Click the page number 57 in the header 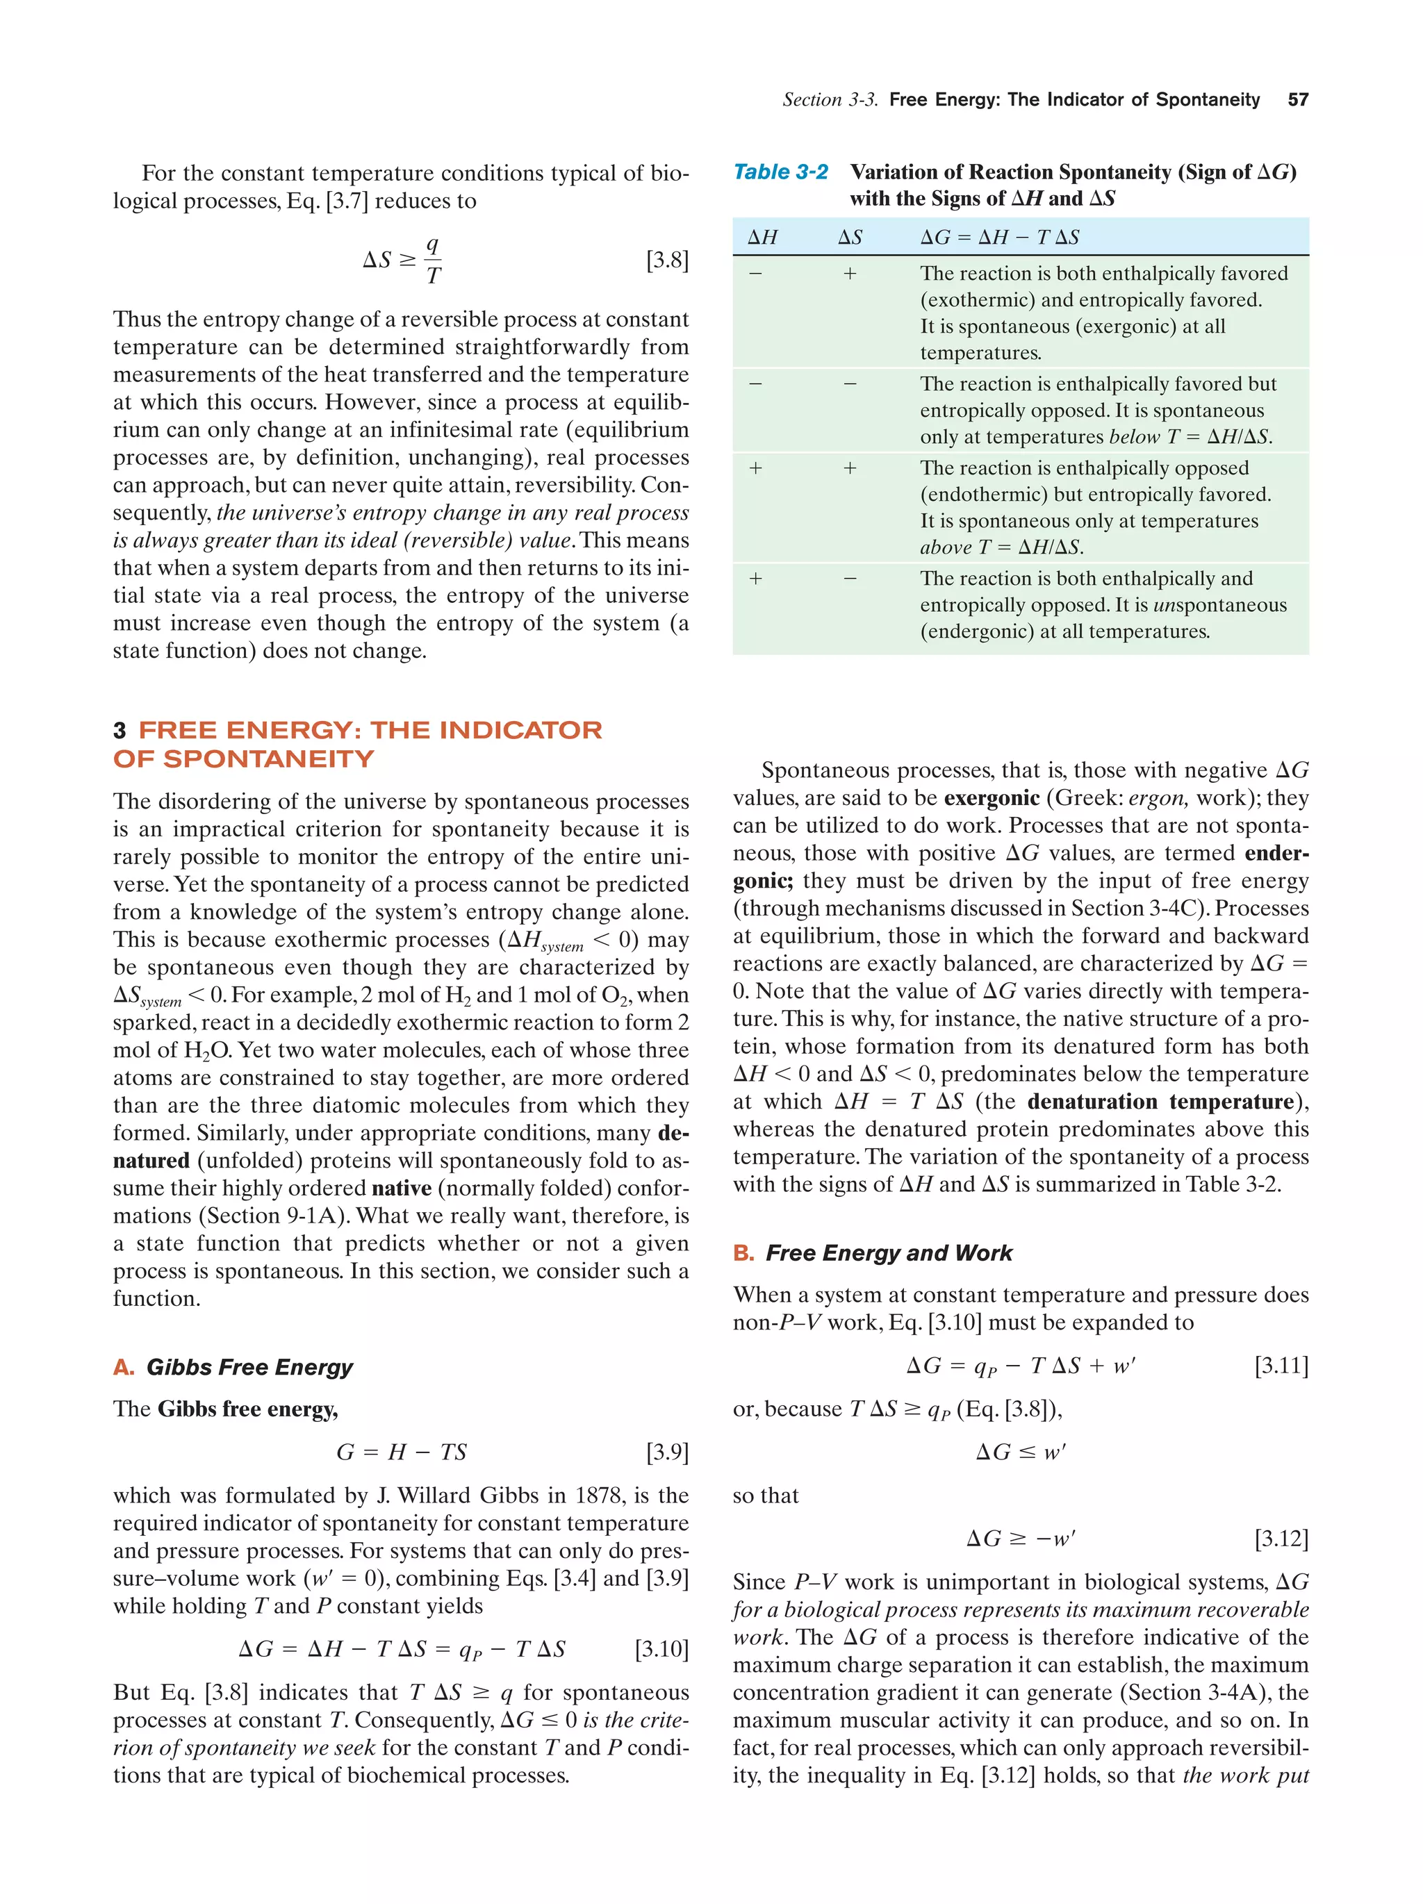tap(1297, 100)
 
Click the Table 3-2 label tap(780, 172)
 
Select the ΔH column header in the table tap(762, 238)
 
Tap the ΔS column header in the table tap(850, 238)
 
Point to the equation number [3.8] tap(666, 260)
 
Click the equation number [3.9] tap(666, 1452)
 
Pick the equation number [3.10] tap(661, 1648)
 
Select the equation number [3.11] tap(1281, 1365)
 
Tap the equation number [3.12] tap(1281, 1538)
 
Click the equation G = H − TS tap(401, 1452)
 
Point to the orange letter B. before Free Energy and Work tap(743, 1252)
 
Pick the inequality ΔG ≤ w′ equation tap(1020, 1452)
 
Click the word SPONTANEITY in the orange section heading tap(269, 759)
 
